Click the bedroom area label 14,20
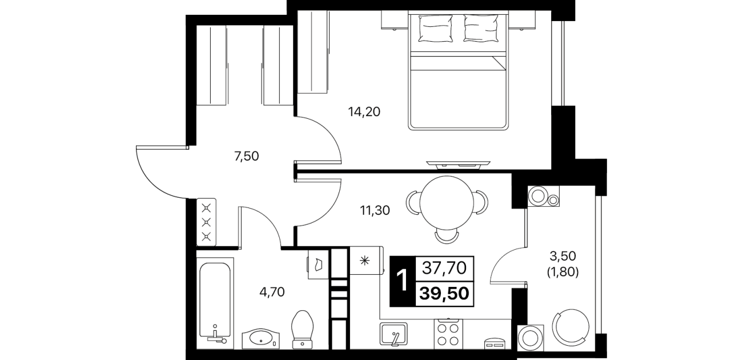[x=364, y=112]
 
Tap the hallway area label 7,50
[x=247, y=156]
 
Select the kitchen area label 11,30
[x=375, y=210]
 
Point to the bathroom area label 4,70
[x=272, y=292]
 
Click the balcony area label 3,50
[x=563, y=256]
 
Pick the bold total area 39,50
[x=444, y=293]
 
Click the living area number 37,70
[x=444, y=268]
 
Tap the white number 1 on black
[x=403, y=281]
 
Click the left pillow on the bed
[x=436, y=29]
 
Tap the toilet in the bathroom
[x=302, y=330]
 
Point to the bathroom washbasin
[x=261, y=339]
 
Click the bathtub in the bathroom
[x=215, y=303]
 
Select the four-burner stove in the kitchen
[x=448, y=334]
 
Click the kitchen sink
[x=393, y=334]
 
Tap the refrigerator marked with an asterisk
[x=366, y=261]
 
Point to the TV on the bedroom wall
[x=459, y=163]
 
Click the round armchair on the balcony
[x=571, y=327]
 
